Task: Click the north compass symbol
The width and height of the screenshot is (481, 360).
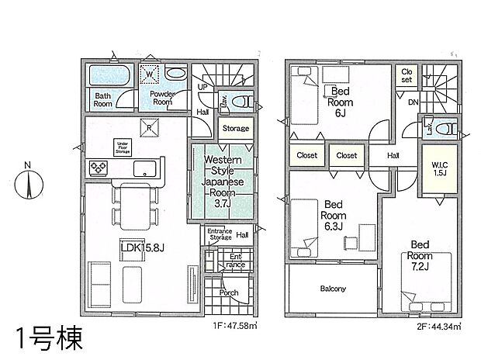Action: click(x=28, y=184)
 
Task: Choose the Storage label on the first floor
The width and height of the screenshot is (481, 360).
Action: click(x=236, y=128)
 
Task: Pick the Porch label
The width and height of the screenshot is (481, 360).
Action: click(x=228, y=292)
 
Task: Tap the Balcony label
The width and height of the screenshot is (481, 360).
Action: click(x=333, y=289)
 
